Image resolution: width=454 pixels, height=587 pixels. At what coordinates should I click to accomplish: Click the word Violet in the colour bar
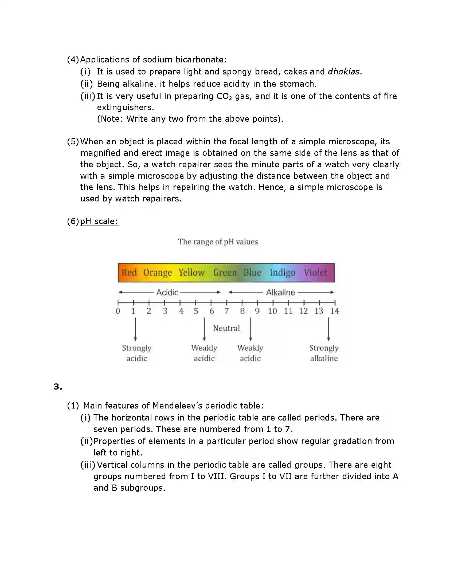[315, 272]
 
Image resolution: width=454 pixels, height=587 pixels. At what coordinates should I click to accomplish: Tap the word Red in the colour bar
[129, 272]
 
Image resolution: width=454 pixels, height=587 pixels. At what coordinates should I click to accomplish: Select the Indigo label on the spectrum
[282, 272]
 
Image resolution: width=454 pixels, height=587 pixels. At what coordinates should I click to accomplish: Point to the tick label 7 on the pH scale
[226, 311]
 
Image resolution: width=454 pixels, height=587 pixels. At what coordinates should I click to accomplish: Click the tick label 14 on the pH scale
[334, 311]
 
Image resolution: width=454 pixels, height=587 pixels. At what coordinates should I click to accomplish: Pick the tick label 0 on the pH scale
[118, 311]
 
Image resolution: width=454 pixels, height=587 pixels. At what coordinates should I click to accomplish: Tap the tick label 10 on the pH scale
[272, 311]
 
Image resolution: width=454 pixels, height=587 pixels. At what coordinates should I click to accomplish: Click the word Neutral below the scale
[226, 328]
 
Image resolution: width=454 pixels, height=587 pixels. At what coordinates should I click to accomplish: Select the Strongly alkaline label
[324, 353]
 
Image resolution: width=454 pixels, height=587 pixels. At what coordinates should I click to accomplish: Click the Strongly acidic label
[137, 353]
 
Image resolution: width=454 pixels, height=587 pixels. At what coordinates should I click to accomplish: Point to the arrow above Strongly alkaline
[328, 329]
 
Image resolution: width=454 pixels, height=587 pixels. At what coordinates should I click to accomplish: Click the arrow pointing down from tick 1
[135, 329]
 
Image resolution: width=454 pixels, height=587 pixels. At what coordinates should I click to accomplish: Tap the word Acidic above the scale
[167, 292]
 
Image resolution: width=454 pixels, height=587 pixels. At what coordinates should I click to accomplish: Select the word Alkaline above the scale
[280, 292]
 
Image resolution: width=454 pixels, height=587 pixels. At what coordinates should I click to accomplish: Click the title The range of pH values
[218, 242]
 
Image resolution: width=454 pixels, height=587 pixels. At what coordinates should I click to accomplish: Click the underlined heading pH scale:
[99, 221]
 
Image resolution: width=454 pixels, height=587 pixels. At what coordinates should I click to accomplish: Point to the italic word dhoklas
[343, 72]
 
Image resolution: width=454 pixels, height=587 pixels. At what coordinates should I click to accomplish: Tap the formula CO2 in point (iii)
[224, 96]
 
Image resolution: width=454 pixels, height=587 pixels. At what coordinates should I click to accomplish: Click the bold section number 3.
[58, 387]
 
